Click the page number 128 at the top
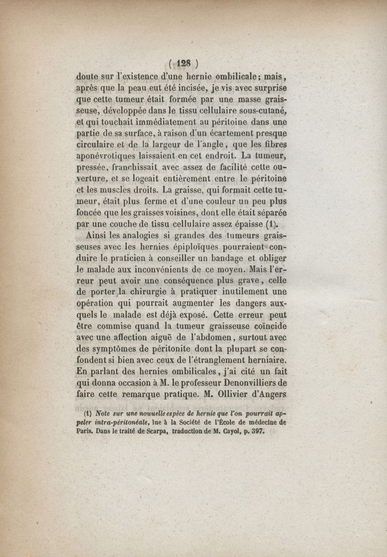click(184, 63)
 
